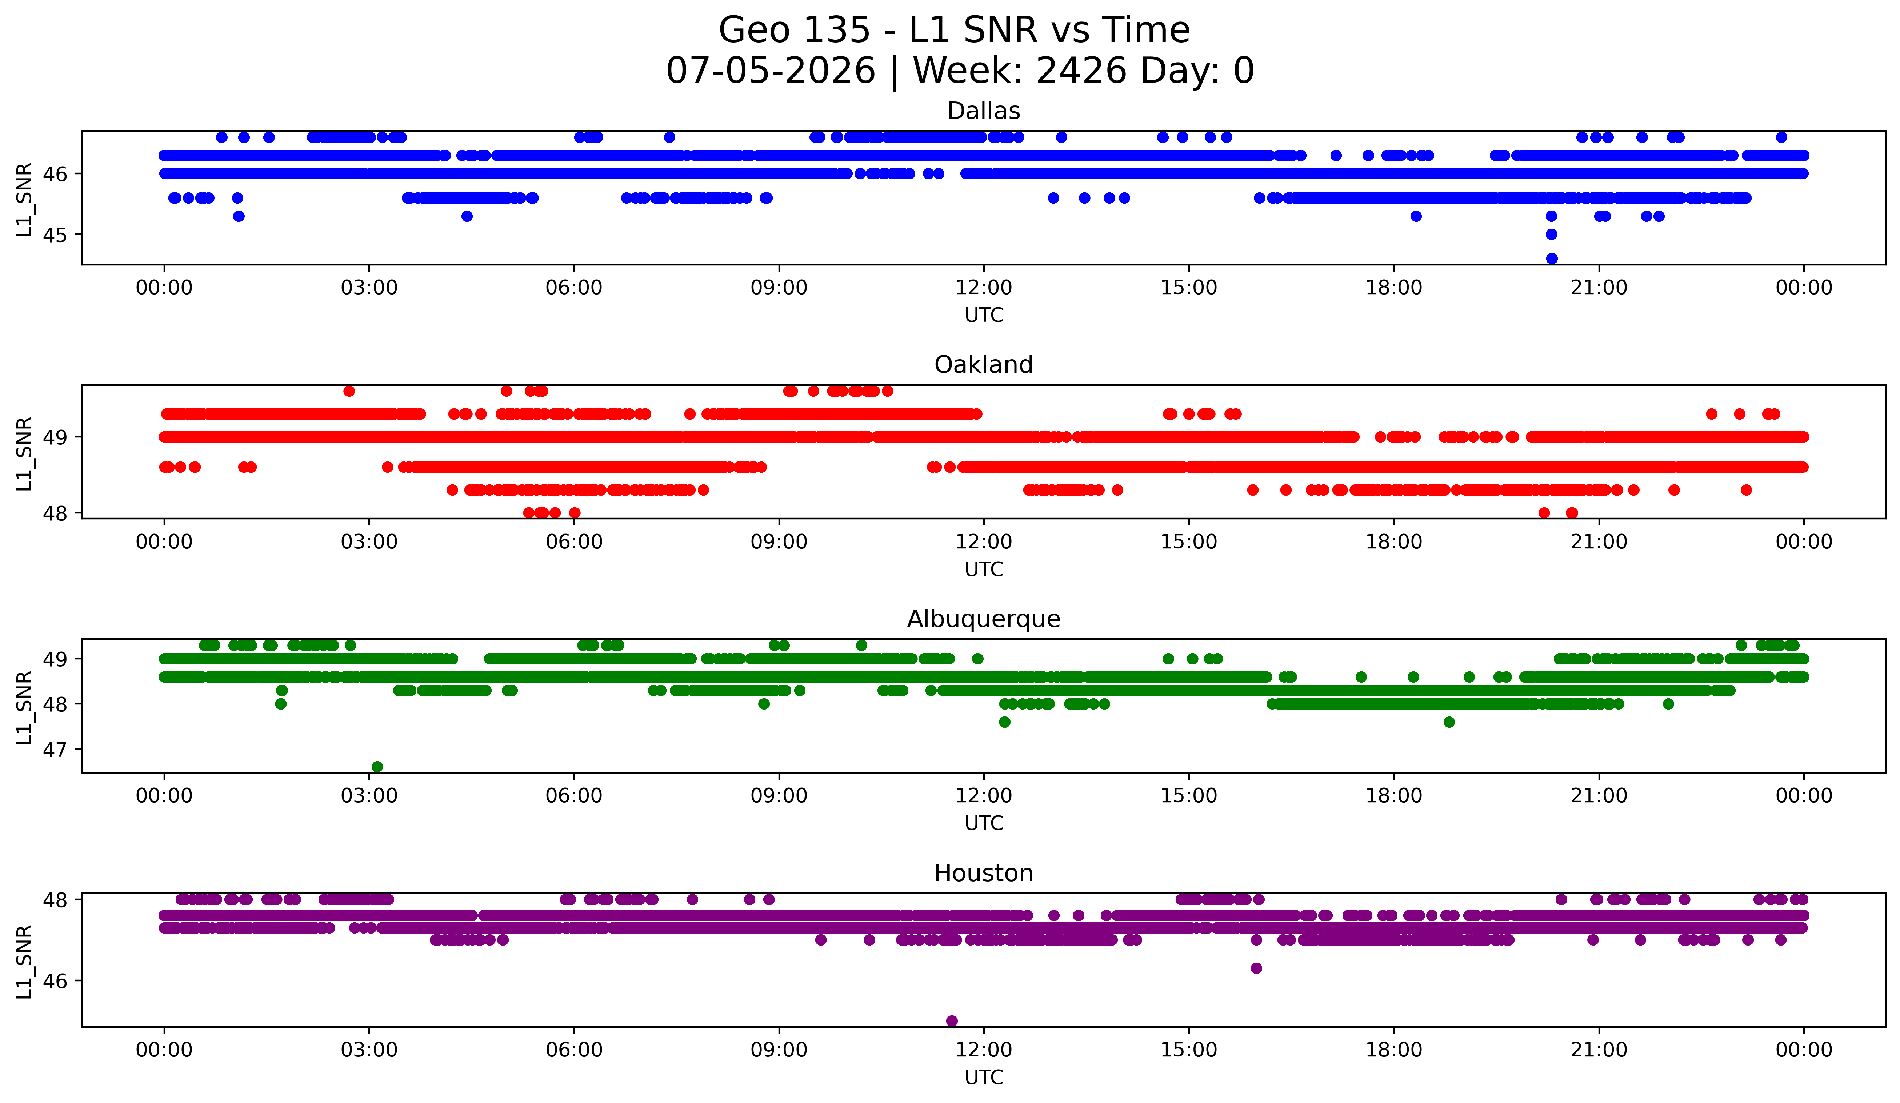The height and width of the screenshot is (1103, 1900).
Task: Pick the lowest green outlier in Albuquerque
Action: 377,767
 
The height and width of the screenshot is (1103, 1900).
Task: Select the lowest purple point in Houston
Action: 952,1021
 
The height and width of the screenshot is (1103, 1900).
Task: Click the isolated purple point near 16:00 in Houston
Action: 1256,968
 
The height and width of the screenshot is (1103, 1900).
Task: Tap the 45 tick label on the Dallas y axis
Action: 55,235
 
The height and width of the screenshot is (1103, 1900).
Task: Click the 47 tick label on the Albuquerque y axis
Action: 55,750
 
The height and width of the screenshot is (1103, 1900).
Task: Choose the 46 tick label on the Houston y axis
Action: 55,981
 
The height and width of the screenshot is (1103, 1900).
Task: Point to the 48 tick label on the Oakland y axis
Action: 55,513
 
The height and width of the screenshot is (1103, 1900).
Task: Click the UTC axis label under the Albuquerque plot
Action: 984,823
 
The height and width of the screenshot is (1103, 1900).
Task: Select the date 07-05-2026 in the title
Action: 771,71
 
